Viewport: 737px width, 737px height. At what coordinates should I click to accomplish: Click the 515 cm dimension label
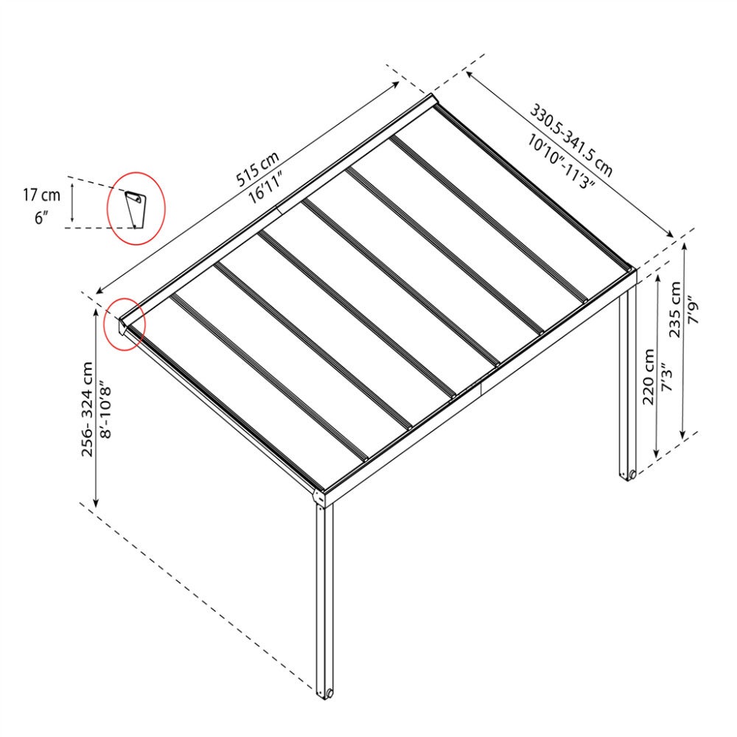point(257,168)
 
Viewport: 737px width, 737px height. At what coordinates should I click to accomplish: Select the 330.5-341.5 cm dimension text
point(572,141)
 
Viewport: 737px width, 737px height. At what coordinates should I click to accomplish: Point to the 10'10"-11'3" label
point(561,161)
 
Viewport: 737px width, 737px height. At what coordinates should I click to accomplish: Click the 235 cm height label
point(675,309)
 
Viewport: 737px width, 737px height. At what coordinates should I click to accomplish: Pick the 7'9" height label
point(694,310)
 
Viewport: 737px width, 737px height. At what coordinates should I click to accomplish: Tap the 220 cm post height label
point(649,377)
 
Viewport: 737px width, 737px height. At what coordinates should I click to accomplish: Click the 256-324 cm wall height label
point(88,409)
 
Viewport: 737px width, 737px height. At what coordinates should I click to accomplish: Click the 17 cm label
point(42,195)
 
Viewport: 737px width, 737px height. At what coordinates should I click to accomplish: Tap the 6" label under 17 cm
point(41,217)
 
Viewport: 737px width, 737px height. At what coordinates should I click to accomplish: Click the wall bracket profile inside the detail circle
point(133,209)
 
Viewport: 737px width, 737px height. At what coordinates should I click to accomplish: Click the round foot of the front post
point(329,693)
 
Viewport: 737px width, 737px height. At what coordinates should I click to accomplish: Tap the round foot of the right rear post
point(632,474)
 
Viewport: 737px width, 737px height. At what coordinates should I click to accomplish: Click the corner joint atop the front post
point(319,498)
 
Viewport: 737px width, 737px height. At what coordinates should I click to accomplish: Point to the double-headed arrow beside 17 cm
point(72,203)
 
